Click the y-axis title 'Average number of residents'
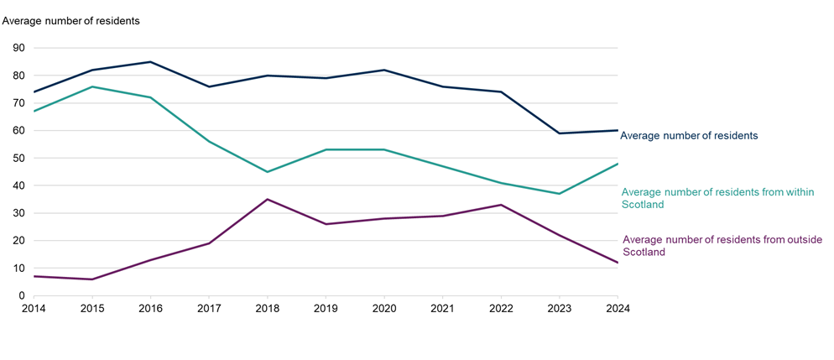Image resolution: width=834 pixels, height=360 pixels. (72, 19)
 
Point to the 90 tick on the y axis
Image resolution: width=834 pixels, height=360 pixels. (18, 49)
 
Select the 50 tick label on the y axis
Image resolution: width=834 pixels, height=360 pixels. (18, 159)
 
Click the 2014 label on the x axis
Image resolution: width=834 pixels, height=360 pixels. (34, 308)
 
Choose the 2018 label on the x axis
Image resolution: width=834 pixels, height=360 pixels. (267, 308)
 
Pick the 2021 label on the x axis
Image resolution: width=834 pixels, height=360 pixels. (442, 308)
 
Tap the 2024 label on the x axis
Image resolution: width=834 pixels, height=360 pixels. (617, 308)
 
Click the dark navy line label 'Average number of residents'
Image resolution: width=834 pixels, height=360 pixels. (689, 135)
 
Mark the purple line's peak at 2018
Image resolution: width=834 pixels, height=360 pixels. (267, 199)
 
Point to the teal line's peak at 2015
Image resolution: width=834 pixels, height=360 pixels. (91, 86)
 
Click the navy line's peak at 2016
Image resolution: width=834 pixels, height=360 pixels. (150, 62)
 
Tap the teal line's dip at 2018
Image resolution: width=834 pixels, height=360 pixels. (267, 172)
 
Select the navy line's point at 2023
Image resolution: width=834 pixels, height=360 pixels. (559, 133)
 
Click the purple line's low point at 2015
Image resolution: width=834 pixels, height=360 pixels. (91, 279)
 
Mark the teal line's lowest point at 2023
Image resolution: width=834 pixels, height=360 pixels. (559, 194)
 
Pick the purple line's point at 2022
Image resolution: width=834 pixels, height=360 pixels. (501, 205)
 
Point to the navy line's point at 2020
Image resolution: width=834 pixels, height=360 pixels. (383, 70)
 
